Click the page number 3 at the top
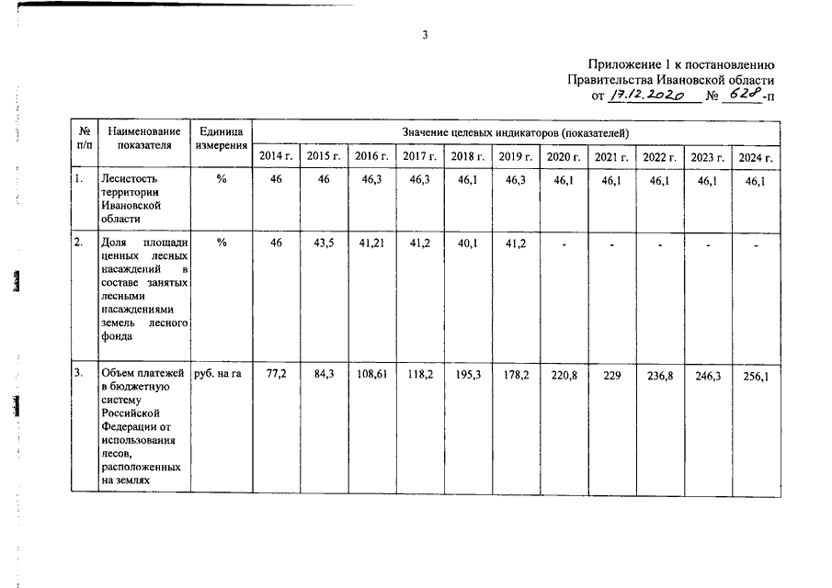click(425, 35)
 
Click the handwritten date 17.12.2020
click(647, 96)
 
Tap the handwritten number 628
click(742, 95)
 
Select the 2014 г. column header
click(276, 156)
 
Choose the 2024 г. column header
click(756, 157)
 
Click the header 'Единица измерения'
click(222, 139)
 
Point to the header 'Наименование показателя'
click(143, 139)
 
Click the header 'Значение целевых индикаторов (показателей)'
click(515, 133)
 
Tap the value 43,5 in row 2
click(323, 242)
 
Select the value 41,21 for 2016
click(370, 242)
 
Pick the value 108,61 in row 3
click(370, 375)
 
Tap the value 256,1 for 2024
click(756, 375)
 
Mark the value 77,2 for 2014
click(276, 375)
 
